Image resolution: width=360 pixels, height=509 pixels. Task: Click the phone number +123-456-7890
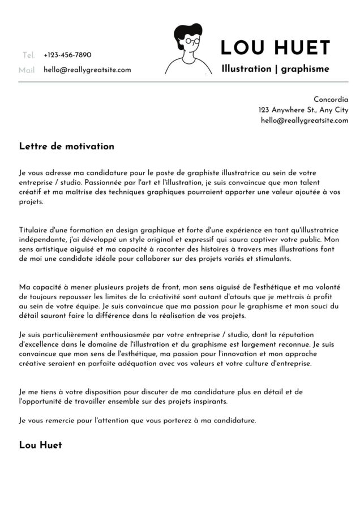click(x=67, y=55)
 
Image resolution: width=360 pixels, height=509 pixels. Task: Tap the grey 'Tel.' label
click(x=28, y=55)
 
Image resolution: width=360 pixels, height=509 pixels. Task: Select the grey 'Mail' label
click(x=27, y=70)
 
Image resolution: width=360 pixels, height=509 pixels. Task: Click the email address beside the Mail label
click(x=87, y=70)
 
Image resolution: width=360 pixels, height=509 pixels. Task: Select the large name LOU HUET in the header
click(x=275, y=48)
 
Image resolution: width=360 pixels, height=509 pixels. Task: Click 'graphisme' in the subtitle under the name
click(x=305, y=69)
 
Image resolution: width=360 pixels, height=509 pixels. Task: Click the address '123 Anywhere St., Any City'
click(x=303, y=110)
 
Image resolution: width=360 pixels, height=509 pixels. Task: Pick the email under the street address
click(x=304, y=120)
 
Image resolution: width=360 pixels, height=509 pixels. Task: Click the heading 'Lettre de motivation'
click(x=66, y=146)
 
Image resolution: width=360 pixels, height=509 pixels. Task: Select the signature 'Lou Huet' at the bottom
click(x=40, y=445)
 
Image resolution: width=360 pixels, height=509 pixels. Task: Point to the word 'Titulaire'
click(x=34, y=230)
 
